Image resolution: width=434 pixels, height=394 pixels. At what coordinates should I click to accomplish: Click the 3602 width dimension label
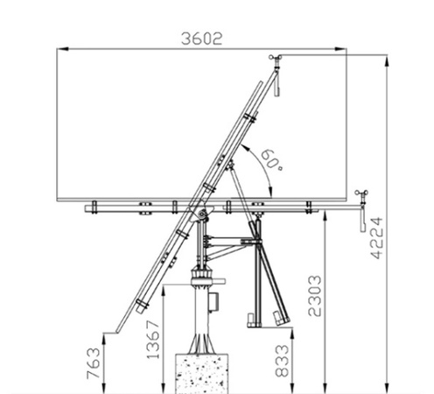[x=201, y=39]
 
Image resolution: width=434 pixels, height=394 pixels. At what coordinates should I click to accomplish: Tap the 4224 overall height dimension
[x=376, y=237]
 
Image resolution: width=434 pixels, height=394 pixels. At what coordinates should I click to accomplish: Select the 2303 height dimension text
[x=315, y=296]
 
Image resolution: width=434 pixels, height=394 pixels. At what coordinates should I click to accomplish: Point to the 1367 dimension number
[x=153, y=340]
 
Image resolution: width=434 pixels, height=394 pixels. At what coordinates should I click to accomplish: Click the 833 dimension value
[x=282, y=361]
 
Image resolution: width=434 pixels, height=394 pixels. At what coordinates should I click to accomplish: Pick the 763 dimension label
[x=94, y=363]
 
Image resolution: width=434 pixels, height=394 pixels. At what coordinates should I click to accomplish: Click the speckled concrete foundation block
[x=202, y=374]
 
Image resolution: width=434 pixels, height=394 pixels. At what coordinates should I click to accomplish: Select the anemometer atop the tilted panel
[x=276, y=59]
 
